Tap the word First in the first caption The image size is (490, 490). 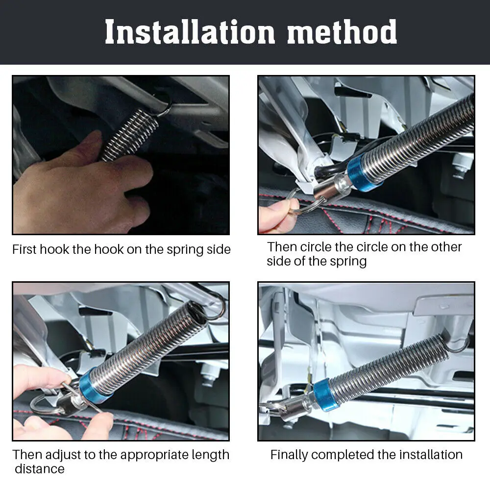click(x=24, y=249)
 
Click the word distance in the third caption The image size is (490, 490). click(x=40, y=469)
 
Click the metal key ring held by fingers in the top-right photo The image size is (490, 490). click(x=300, y=204)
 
